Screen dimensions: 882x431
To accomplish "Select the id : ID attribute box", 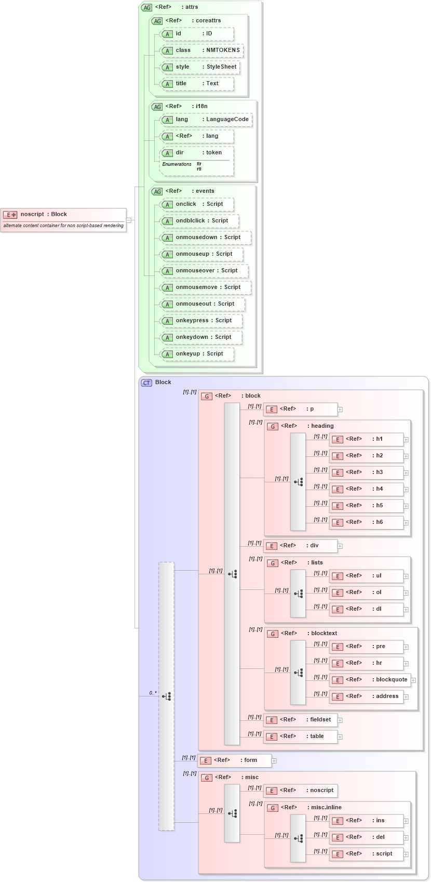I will point(197,34).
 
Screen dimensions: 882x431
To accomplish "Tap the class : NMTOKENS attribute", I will point(201,50).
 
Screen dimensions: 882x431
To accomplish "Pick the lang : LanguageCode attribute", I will point(206,120).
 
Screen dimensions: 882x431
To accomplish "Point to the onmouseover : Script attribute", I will point(204,271).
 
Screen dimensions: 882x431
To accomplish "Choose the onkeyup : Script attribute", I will point(197,354).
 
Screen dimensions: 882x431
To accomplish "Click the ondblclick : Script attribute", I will point(199,221).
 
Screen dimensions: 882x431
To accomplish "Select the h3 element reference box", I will point(366,472).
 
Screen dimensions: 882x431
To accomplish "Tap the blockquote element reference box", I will point(370,680).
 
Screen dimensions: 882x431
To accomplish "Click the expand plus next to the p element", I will point(340,410).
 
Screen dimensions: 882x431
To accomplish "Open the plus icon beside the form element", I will point(274,761).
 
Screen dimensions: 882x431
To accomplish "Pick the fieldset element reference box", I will point(300,720).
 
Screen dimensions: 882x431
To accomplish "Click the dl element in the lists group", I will point(366,609).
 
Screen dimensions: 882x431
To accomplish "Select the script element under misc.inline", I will point(366,854).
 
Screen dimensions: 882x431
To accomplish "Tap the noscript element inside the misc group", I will point(300,791).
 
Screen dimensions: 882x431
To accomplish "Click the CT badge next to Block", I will point(146,383).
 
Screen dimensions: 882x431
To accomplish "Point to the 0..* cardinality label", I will point(153,693).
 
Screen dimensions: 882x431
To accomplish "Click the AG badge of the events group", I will point(157,191).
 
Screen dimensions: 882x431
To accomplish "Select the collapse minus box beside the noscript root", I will point(129,220).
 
